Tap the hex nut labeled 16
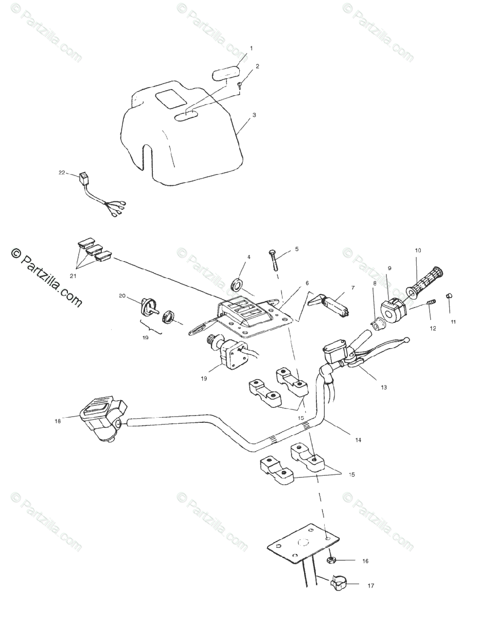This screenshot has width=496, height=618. coord(332,559)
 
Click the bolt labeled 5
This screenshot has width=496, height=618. coord(273,261)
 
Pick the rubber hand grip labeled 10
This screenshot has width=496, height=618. coord(425,282)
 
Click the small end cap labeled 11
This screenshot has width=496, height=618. coord(449,296)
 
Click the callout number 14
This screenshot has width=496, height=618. coord(358,440)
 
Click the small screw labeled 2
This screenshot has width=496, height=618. coord(240,85)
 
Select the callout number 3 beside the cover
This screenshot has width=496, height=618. coord(254,115)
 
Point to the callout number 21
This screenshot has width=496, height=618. coord(73,276)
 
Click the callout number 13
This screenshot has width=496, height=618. coord(384,387)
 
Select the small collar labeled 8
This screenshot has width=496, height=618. coord(378,323)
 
